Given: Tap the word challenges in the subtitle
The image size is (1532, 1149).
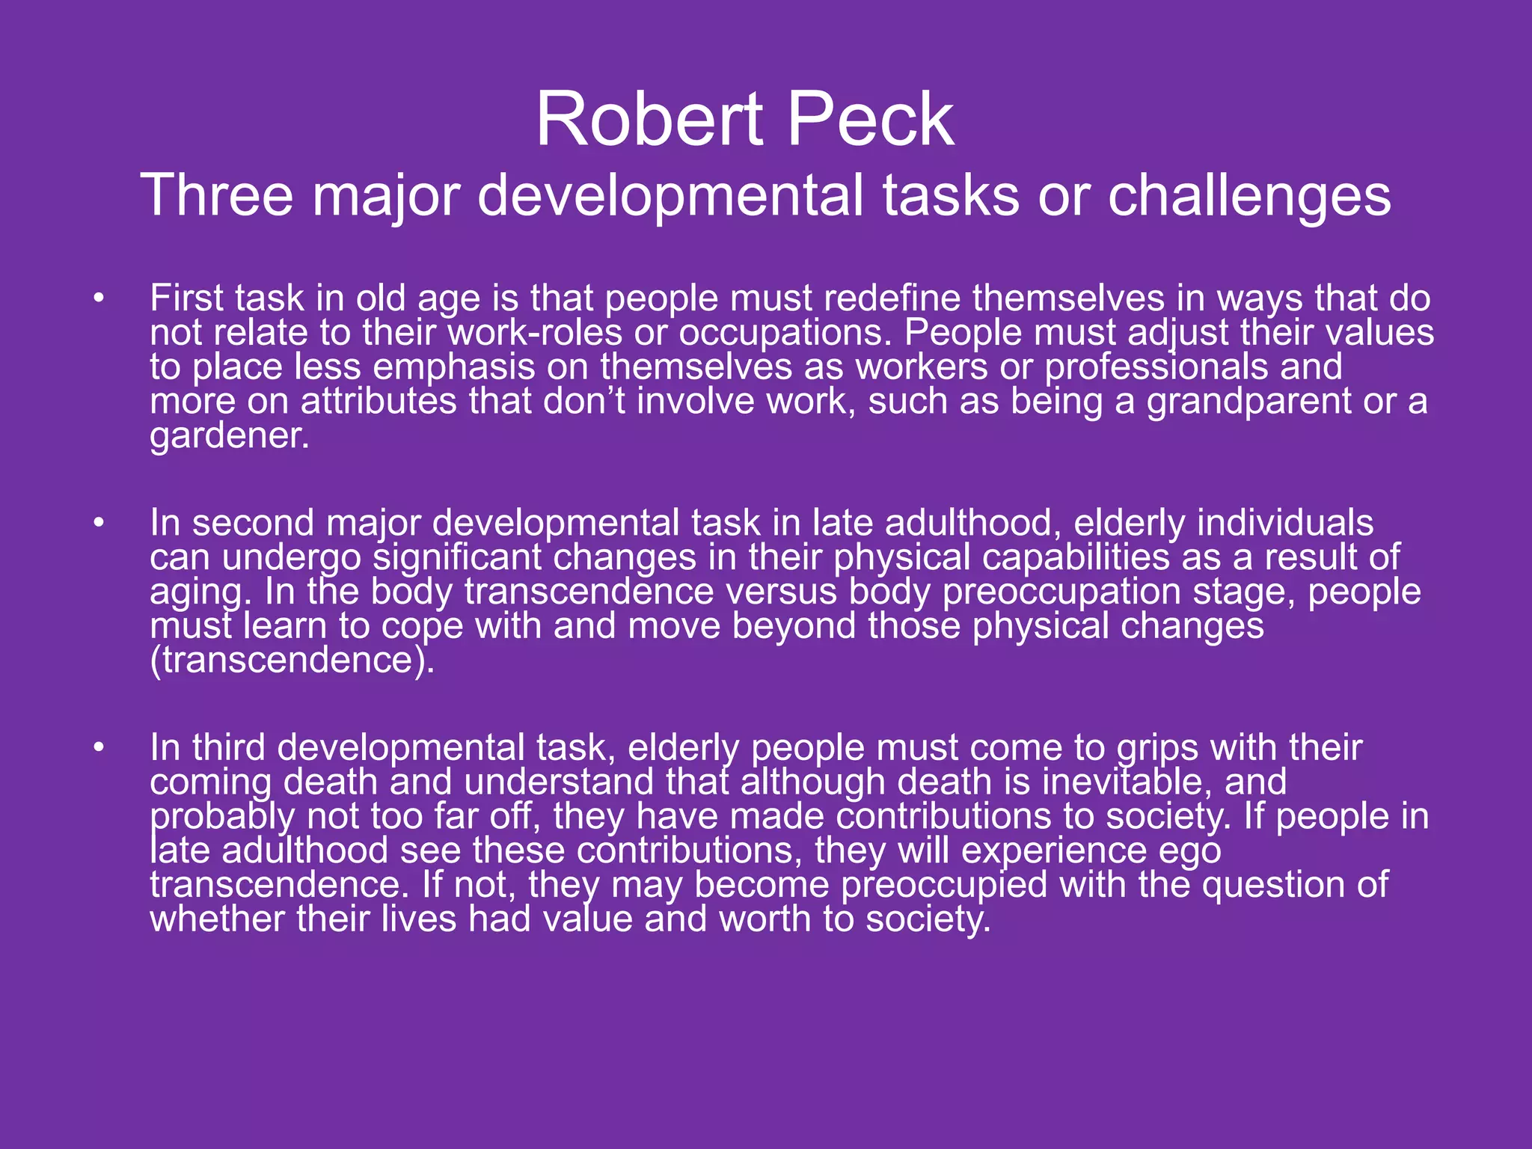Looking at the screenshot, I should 1248,196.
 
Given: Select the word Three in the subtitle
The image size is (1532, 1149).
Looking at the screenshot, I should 217,196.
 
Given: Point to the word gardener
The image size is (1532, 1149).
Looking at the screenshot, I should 229,436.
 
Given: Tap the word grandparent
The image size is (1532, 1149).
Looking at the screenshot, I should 1248,402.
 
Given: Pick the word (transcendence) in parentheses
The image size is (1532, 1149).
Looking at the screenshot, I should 292,661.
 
